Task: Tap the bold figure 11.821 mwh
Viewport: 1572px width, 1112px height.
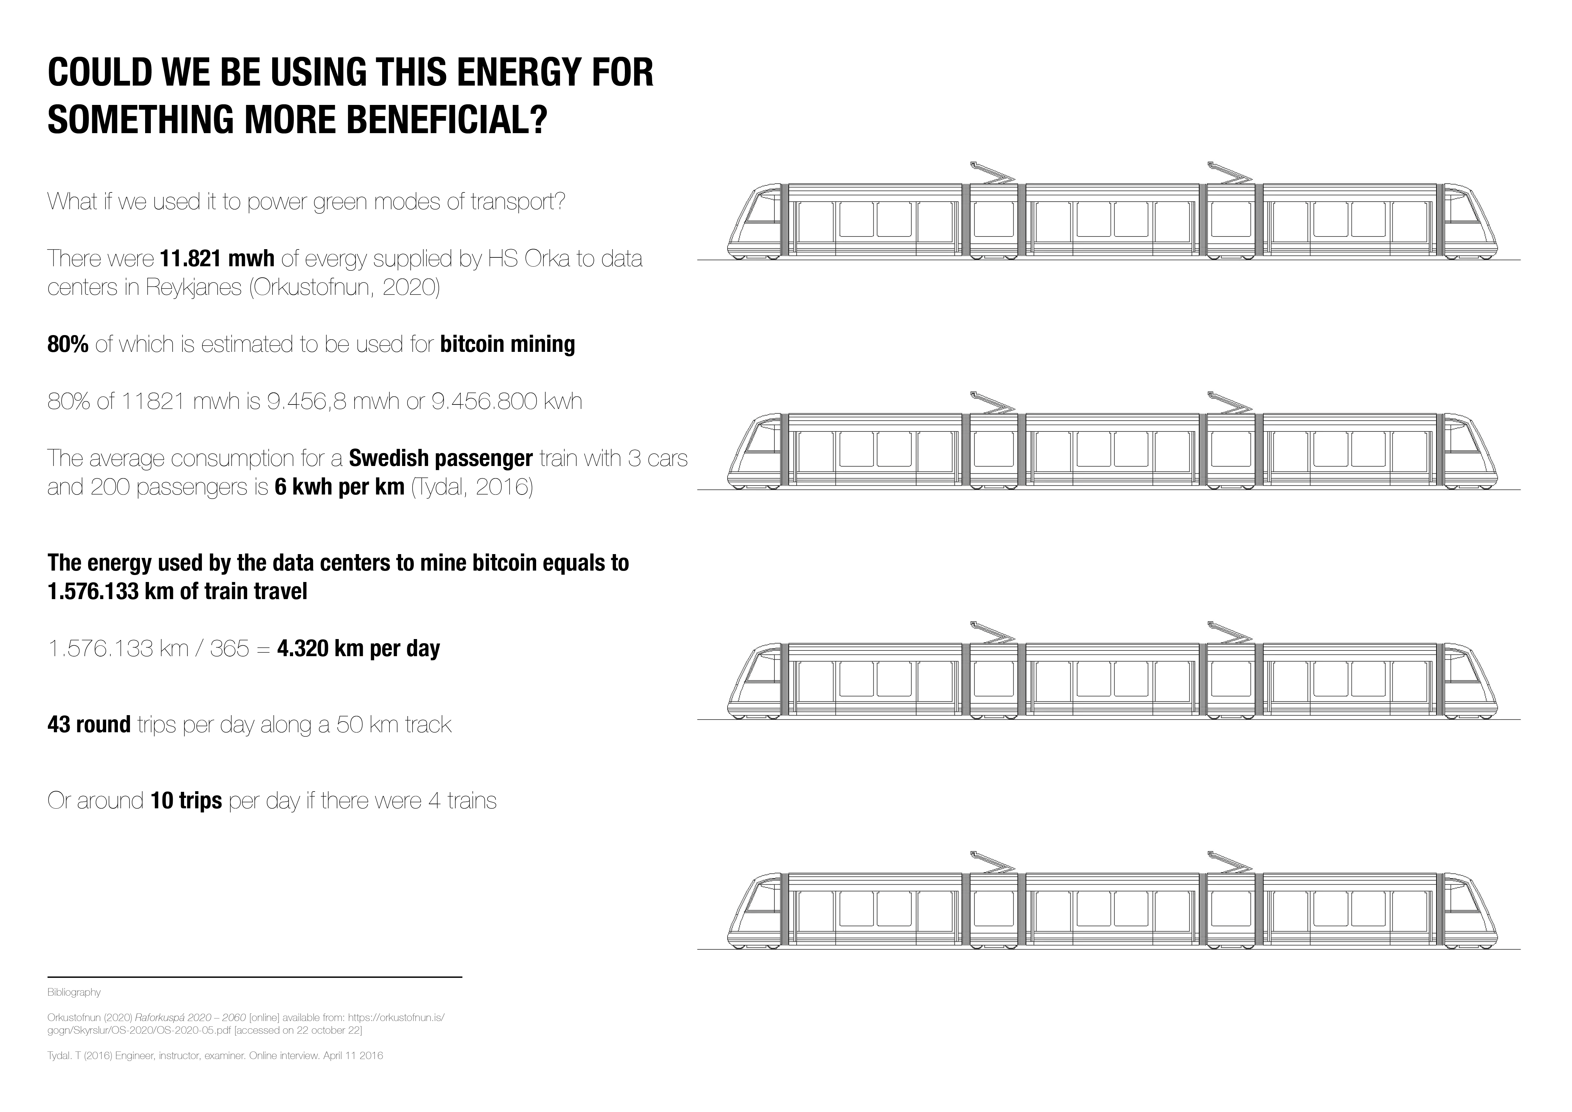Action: [217, 259]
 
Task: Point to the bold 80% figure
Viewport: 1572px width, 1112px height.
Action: [68, 344]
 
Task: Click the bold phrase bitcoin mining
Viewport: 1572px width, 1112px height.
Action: [507, 344]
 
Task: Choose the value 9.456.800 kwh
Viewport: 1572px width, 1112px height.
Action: [507, 401]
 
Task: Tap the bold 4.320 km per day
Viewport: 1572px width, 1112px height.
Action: [358, 649]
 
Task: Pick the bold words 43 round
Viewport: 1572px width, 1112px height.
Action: [89, 724]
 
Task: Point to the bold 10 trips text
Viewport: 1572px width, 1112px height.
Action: [186, 800]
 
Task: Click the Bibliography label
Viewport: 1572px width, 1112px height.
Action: [74, 992]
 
